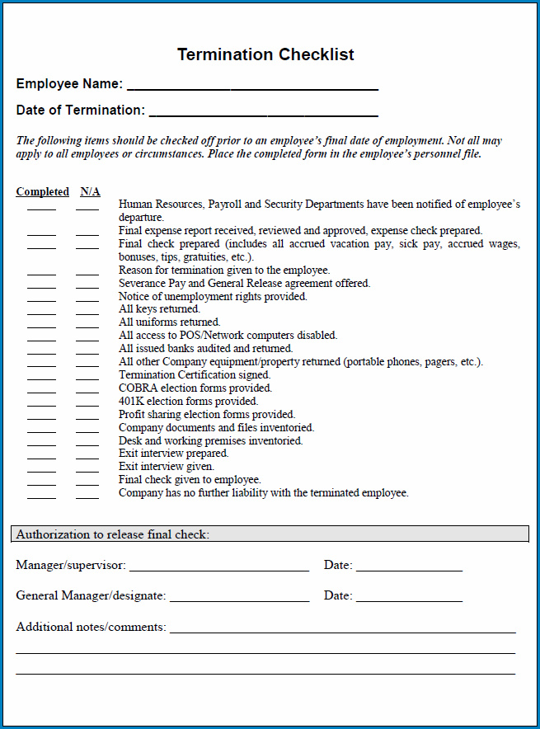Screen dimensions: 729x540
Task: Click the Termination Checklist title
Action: click(265, 55)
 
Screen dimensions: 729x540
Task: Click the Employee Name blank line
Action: click(252, 85)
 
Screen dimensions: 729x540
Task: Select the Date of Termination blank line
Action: click(263, 111)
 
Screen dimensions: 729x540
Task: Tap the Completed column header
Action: click(42, 192)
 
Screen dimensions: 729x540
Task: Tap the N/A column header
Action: click(90, 192)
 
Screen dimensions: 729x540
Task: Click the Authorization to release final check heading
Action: click(113, 534)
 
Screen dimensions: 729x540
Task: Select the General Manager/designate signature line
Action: click(239, 597)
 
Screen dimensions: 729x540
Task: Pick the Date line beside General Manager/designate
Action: click(409, 597)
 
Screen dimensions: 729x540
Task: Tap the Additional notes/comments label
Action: click(91, 628)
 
